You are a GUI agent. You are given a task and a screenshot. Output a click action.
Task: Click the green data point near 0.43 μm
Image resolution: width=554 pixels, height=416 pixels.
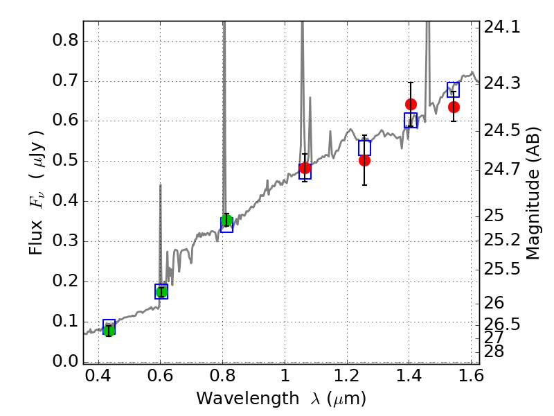[109, 330]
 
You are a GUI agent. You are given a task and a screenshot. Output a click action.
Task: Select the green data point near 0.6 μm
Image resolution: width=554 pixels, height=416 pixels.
[161, 292]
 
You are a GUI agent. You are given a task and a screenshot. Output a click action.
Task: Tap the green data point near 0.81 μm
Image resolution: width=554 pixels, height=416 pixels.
[226, 221]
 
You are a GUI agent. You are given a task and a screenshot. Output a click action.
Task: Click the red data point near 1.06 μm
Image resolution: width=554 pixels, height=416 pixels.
[305, 168]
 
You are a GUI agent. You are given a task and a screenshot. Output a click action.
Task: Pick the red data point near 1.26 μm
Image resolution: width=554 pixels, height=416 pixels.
[364, 160]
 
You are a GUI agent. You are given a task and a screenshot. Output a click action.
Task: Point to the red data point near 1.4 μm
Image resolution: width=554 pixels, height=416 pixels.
[411, 105]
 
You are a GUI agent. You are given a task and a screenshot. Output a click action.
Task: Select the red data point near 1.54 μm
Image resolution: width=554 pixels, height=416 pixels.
[454, 107]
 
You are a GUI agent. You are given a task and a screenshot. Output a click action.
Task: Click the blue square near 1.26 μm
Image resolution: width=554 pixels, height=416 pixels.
[364, 148]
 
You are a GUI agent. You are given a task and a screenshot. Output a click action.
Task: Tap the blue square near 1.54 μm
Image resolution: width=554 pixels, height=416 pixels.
[454, 89]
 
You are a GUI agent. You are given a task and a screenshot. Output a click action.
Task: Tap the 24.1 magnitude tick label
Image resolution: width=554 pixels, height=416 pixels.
[502, 28]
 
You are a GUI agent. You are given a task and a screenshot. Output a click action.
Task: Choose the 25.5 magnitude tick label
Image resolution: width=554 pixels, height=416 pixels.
[502, 268]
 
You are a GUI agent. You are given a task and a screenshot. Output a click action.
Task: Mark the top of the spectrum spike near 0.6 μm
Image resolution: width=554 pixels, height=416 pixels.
[161, 184]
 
